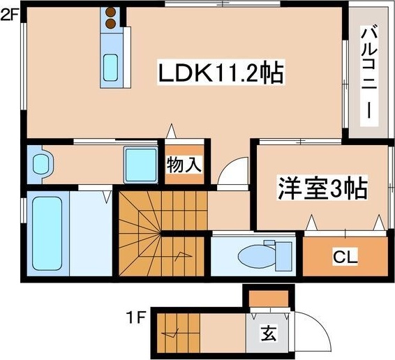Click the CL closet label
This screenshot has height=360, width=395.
[x=345, y=257]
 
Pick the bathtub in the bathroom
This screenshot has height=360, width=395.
[x=47, y=233]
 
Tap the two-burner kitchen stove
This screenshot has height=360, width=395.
[x=110, y=18]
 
